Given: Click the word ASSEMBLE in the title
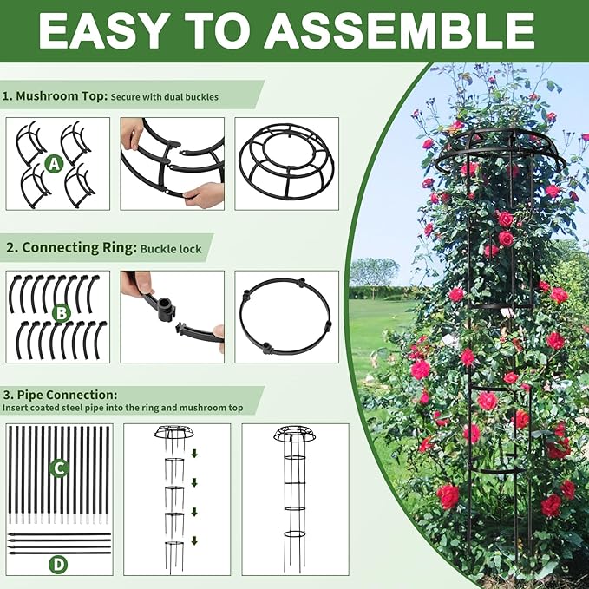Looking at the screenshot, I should (x=400, y=30).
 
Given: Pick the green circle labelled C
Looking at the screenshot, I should (x=59, y=468).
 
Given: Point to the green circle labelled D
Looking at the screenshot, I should (x=58, y=564).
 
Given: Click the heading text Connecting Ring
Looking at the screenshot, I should (x=78, y=247).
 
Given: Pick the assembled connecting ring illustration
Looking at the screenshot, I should (x=286, y=316).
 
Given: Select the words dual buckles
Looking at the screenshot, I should (x=190, y=97).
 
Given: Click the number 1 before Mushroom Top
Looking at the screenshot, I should (x=7, y=96).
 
